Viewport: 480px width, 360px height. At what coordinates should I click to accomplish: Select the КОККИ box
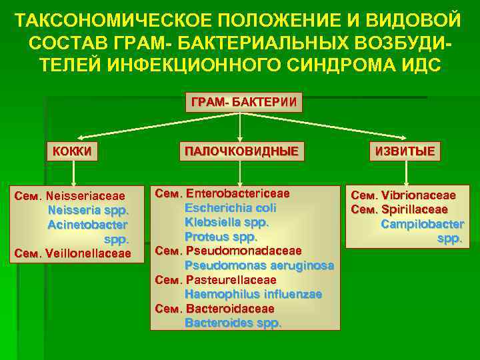pyautogui.click(x=73, y=151)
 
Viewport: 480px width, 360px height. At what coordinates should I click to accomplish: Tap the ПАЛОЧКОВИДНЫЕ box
pyautogui.click(x=241, y=151)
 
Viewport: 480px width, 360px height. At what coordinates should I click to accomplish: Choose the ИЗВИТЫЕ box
pyautogui.click(x=405, y=151)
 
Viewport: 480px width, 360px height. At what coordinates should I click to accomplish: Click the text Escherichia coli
pyautogui.click(x=230, y=207)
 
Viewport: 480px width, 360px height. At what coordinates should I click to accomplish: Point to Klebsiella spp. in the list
pyautogui.click(x=226, y=221)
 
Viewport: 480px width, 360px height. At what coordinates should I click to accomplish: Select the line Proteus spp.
pyautogui.click(x=221, y=236)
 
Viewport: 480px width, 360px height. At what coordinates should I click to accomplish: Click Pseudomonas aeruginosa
pyautogui.click(x=259, y=265)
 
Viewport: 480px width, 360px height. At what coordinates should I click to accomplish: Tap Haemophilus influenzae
pyautogui.click(x=253, y=294)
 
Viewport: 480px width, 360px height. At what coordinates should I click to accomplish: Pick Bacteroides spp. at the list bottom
pyautogui.click(x=233, y=323)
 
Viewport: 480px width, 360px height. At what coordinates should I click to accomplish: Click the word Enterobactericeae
pyautogui.click(x=238, y=193)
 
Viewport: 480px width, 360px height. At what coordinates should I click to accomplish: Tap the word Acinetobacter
pyautogui.click(x=87, y=225)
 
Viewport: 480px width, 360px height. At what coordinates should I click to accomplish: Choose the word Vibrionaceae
pyautogui.click(x=422, y=195)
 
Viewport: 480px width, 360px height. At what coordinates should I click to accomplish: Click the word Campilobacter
pyautogui.click(x=422, y=224)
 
